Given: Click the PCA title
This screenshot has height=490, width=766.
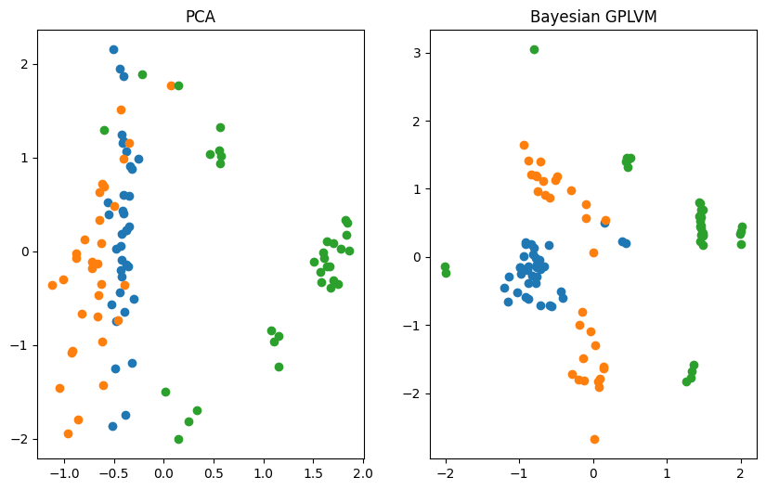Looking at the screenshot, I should pos(200,17).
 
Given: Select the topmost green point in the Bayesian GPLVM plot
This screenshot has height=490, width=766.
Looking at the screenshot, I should pos(534,49).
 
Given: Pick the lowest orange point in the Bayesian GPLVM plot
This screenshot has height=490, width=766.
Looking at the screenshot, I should pos(594,439).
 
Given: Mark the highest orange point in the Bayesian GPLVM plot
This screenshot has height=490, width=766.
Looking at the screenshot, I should pos(524,145).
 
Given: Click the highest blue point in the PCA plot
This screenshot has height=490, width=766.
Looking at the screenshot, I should pos(113,49).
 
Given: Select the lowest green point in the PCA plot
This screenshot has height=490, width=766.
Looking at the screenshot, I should pos(178,439).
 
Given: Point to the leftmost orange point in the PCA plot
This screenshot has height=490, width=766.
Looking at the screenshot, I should pos(52,285).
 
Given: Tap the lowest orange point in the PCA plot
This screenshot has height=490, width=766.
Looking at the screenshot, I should pos(68,433).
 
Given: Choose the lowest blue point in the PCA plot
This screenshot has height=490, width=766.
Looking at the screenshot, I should pos(112,426).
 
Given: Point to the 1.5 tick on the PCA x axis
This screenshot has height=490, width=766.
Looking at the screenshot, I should pos(314,472).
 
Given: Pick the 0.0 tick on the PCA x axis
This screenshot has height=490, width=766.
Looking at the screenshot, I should pos(163,472).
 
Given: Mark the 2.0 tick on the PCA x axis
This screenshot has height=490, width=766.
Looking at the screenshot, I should pos(364,472).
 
